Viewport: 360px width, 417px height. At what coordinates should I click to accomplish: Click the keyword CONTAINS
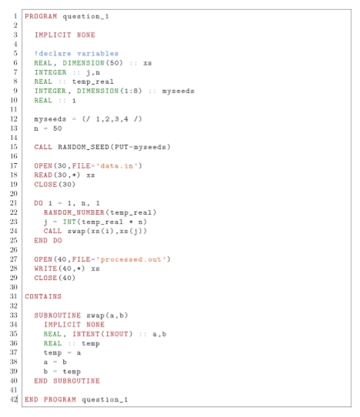[x=43, y=296]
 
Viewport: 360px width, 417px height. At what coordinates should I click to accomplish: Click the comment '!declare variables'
[x=76, y=53]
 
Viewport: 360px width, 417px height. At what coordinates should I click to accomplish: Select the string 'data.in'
[x=117, y=166]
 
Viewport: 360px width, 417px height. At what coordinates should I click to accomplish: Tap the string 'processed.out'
[x=133, y=259]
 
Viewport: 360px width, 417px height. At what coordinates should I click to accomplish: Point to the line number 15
[x=14, y=147]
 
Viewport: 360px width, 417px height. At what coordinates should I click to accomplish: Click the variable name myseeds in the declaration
[x=178, y=91]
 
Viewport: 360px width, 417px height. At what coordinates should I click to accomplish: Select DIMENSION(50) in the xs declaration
[x=92, y=63]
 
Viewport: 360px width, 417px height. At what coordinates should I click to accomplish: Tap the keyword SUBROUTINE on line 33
[x=58, y=315]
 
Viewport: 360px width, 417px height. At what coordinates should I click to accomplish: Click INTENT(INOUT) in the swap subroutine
[x=102, y=334]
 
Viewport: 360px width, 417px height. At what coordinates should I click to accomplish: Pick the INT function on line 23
[x=70, y=222]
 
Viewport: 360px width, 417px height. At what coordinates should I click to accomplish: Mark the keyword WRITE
[x=45, y=269]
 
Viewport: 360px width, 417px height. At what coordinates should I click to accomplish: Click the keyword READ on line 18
[x=43, y=175]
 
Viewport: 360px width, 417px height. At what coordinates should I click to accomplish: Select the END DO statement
[x=48, y=240]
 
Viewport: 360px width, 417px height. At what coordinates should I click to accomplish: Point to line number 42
[x=14, y=399]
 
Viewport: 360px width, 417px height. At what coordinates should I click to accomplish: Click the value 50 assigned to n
[x=58, y=128]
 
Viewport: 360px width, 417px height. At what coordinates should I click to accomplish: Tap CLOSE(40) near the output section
[x=55, y=278]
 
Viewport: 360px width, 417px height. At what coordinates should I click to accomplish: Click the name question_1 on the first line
[x=85, y=16]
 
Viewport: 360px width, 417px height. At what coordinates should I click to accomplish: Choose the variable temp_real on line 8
[x=93, y=82]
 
